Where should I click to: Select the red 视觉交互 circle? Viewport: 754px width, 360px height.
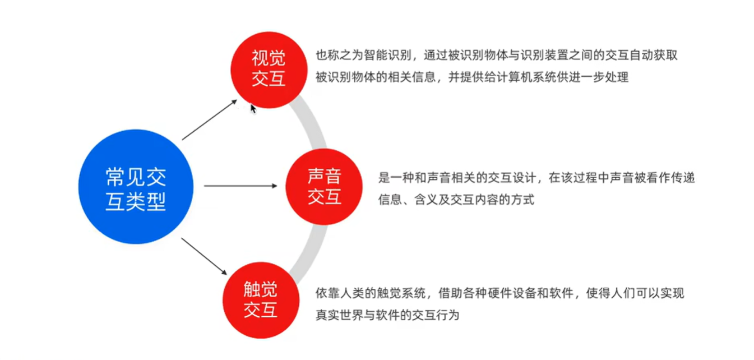pos(268,68)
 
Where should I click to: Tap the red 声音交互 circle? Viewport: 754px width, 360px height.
pos(324,187)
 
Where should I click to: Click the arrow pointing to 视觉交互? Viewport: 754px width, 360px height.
pos(210,120)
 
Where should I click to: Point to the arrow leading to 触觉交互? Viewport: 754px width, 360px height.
pos(204,256)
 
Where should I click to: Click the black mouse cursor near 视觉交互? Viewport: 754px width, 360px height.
pos(253,108)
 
